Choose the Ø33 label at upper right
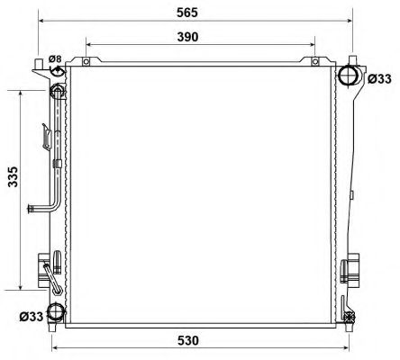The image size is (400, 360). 380,78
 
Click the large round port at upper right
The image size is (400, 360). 350,76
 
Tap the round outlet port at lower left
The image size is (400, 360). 56,312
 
